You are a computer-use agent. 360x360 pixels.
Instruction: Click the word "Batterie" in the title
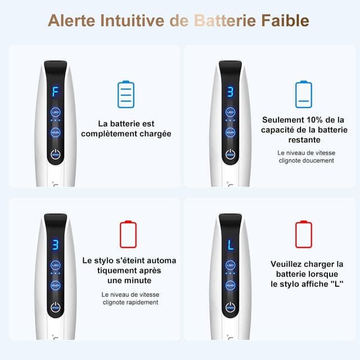coord(224,21)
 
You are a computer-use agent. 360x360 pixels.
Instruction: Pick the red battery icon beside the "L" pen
coord(303,234)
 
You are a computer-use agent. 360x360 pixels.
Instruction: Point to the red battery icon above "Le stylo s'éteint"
coord(128,234)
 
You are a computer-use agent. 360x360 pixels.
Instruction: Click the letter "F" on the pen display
coord(55,92)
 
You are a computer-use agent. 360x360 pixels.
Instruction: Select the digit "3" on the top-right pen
coord(230,92)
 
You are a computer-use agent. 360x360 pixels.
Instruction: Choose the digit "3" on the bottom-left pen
coord(55,245)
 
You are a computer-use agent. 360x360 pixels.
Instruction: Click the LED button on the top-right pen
coord(230,112)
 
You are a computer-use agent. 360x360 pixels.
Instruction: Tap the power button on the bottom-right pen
coord(230,307)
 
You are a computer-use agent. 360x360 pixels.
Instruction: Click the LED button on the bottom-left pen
coord(55,265)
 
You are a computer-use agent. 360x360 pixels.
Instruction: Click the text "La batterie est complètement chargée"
coord(126,128)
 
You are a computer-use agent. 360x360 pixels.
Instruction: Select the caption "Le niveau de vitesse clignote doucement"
coord(306,156)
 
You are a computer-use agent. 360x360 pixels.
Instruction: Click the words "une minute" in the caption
coord(129,281)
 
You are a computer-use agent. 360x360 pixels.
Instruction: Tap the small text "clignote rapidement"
coord(130,302)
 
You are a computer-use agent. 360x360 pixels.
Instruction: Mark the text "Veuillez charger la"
coord(307,264)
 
